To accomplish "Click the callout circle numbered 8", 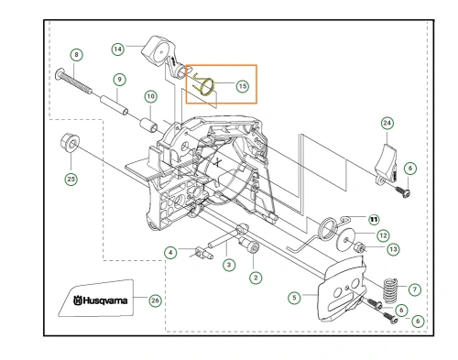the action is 76,55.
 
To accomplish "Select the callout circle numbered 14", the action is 118,49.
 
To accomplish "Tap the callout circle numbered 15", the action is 243,86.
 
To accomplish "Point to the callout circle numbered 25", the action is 71,179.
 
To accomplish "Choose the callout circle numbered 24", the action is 387,123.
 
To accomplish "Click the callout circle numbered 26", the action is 155,300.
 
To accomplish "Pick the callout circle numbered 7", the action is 415,289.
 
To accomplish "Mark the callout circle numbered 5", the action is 294,298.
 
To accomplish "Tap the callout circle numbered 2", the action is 256,278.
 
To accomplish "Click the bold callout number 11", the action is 374,219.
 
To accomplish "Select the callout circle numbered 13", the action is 393,249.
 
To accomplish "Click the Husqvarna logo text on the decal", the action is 101,300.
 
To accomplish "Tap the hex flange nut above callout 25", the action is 70,143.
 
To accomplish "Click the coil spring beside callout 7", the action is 391,290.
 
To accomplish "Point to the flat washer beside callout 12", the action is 345,240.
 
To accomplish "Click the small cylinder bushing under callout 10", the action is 148,125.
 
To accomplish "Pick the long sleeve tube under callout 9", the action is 114,105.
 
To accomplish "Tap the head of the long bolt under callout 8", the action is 60,74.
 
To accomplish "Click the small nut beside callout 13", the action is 359,247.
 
